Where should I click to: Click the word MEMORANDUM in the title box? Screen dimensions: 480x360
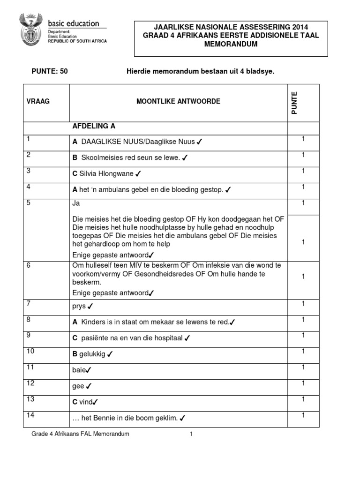tap(231, 44)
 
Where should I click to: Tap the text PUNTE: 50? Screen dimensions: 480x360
tap(46, 71)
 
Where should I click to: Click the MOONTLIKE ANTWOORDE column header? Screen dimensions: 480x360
tap(178, 101)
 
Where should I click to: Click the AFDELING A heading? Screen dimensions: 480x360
tap(94, 127)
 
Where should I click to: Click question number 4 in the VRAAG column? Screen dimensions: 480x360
tap(29, 187)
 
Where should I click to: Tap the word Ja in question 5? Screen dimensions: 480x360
tap(76, 204)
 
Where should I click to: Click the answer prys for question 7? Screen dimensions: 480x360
tap(79, 306)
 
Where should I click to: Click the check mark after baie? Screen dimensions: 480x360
tap(89, 370)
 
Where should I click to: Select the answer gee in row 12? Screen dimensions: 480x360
tap(78, 386)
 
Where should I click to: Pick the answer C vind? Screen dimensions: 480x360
tap(82, 402)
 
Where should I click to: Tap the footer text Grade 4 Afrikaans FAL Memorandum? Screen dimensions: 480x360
tap(80, 434)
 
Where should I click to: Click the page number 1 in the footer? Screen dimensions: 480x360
tap(191, 434)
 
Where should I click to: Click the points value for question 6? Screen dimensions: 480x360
tap(303, 277)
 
